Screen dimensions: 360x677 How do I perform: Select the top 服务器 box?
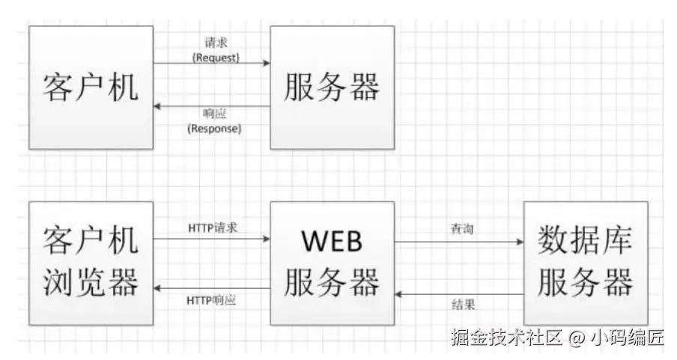point(332,87)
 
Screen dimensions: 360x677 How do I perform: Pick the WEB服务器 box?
point(332,262)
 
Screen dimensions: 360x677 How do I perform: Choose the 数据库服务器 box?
point(586,262)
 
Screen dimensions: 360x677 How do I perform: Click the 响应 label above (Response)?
point(213,115)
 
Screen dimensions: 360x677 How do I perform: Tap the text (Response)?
point(213,129)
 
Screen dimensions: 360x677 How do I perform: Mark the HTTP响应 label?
point(213,300)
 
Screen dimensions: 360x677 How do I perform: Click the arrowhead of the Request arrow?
point(266,64)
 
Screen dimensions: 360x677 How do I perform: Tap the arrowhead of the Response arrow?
point(158,107)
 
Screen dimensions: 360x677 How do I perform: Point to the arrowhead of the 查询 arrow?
point(518,242)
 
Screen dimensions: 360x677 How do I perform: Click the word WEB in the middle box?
point(332,241)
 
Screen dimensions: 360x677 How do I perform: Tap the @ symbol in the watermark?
point(575,338)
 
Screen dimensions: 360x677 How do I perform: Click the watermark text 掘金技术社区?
point(506,338)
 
